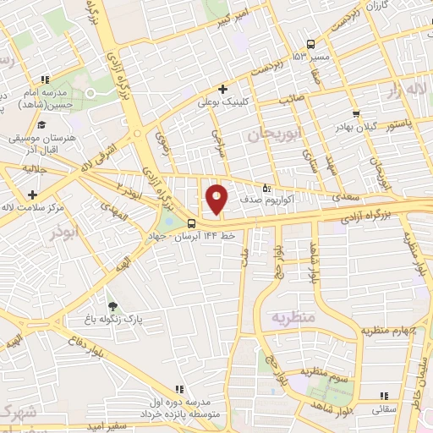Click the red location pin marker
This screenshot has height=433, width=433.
[x=217, y=199]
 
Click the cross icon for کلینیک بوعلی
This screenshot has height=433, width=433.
[x=223, y=89]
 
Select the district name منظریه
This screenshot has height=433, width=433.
[x=293, y=317]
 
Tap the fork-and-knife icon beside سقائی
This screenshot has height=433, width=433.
[x=384, y=395]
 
